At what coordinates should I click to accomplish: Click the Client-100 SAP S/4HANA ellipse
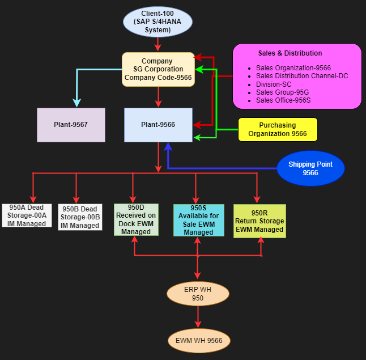tap(158, 22)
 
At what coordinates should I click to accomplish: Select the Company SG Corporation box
tap(158, 69)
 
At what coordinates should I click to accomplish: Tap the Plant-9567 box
tap(71, 124)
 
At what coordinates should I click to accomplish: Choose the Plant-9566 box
tap(158, 124)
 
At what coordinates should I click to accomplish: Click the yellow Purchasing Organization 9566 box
tap(278, 129)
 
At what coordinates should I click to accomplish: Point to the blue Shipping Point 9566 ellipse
tap(310, 168)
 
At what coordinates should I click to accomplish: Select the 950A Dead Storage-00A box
tap(27, 215)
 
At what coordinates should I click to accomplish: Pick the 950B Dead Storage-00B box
tap(80, 217)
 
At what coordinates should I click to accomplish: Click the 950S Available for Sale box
tap(198, 220)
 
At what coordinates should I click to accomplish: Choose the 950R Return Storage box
tap(259, 221)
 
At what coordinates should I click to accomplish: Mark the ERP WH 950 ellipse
tap(198, 294)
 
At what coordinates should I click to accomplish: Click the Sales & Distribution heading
tap(290, 53)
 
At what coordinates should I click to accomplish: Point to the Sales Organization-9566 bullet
tap(293, 68)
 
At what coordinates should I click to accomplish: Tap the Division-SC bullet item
tap(274, 84)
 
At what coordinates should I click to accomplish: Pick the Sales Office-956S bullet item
tap(283, 100)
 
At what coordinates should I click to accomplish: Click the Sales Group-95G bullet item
tap(282, 92)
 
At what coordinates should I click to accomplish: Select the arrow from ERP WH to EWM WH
tap(198, 316)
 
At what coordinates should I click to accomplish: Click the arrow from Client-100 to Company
tap(158, 43)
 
